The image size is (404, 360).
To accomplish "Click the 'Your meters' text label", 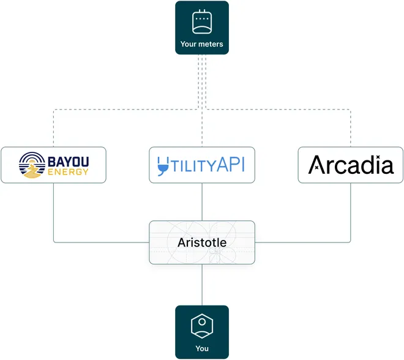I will (202, 44).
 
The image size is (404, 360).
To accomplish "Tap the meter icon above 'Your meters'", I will (202, 22).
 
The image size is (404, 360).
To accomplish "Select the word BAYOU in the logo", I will (67, 161).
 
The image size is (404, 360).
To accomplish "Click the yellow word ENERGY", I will (67, 172).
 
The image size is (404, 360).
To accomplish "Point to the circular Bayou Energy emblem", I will (32, 165).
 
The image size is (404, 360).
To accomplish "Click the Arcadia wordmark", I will (351, 165).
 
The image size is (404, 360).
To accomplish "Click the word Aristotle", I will (202, 242).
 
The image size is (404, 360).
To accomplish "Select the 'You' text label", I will (202, 348).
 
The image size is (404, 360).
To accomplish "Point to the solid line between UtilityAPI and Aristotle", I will (202, 201).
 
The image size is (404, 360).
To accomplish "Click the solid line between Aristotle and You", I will (202, 285).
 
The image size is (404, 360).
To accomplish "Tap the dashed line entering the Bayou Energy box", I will (53, 132).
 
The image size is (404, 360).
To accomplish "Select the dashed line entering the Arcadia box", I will (351, 132).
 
